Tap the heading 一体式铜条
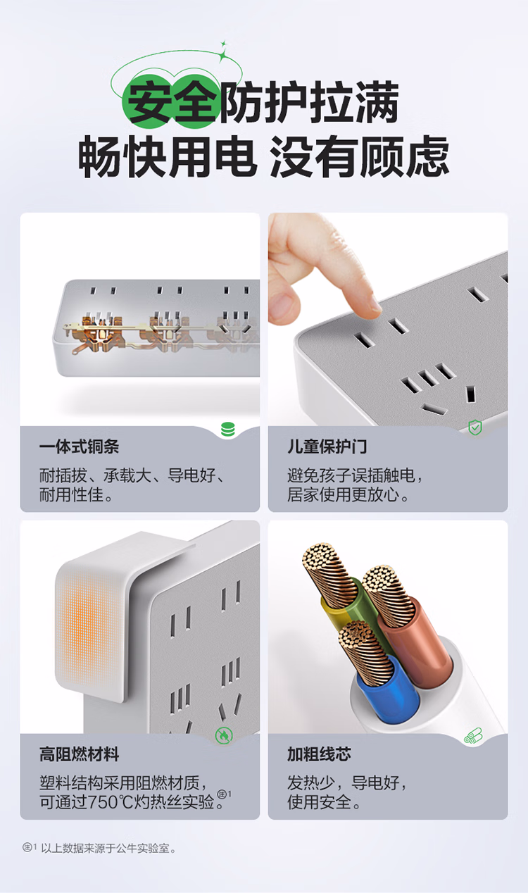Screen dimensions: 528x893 pos(80,447)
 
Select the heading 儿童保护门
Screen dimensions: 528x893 pos(327,447)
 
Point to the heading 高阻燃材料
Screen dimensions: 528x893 pos(80,755)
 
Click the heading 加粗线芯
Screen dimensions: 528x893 pos(319,755)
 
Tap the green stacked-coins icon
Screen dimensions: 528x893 pos(228,430)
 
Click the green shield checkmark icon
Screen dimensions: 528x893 pos(475,427)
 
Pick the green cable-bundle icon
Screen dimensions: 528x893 pos(473,735)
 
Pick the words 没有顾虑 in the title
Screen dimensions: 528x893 pos(360,156)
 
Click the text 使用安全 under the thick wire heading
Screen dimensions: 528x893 pos(319,802)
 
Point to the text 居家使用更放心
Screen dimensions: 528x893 pos(343,494)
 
